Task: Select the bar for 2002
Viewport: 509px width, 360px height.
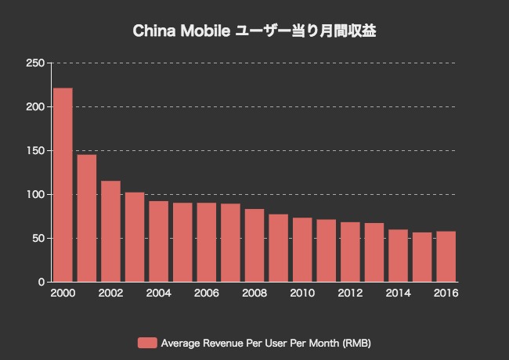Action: click(110, 231)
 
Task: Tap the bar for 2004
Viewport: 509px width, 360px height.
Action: click(158, 241)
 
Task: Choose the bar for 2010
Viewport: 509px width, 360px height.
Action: click(302, 249)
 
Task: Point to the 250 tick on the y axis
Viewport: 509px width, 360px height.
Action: click(35, 63)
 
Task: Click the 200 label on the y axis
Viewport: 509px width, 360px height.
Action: click(35, 106)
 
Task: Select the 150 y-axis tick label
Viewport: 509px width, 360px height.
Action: click(35, 150)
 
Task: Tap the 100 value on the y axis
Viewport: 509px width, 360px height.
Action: click(35, 194)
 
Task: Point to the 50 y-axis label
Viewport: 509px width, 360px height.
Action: click(38, 238)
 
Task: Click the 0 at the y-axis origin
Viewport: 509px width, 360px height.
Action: click(41, 282)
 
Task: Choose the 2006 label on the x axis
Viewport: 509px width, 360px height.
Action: click(207, 293)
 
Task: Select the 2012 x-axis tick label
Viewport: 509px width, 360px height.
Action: click(350, 293)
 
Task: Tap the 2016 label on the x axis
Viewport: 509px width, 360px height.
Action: click(446, 293)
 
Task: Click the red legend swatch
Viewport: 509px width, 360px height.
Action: click(146, 343)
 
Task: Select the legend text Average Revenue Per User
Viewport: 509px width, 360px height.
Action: click(219, 343)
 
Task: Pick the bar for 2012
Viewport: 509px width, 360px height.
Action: click(350, 251)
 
